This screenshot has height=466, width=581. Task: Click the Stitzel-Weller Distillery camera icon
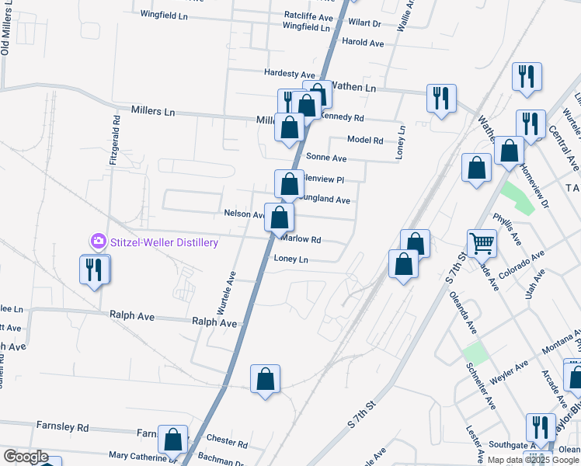click(99, 242)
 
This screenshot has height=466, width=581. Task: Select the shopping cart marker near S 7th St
click(482, 243)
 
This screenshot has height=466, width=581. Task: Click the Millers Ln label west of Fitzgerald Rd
click(153, 111)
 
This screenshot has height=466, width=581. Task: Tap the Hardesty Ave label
click(290, 73)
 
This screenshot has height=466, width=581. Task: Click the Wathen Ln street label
click(353, 88)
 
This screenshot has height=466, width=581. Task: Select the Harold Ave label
click(363, 43)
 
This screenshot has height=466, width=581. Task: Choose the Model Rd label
click(365, 141)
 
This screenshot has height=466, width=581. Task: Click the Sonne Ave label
click(326, 158)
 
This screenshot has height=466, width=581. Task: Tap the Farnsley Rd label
click(63, 426)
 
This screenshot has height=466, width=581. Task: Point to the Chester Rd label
click(227, 445)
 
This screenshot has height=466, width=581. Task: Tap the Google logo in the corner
click(26, 457)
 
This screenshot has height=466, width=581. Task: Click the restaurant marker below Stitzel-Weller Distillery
click(95, 270)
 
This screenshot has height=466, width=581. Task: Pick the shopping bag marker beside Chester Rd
click(172, 440)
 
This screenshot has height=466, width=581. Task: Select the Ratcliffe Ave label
click(308, 16)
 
